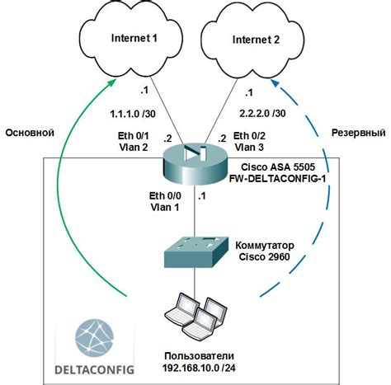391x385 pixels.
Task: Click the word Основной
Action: (29, 132)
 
